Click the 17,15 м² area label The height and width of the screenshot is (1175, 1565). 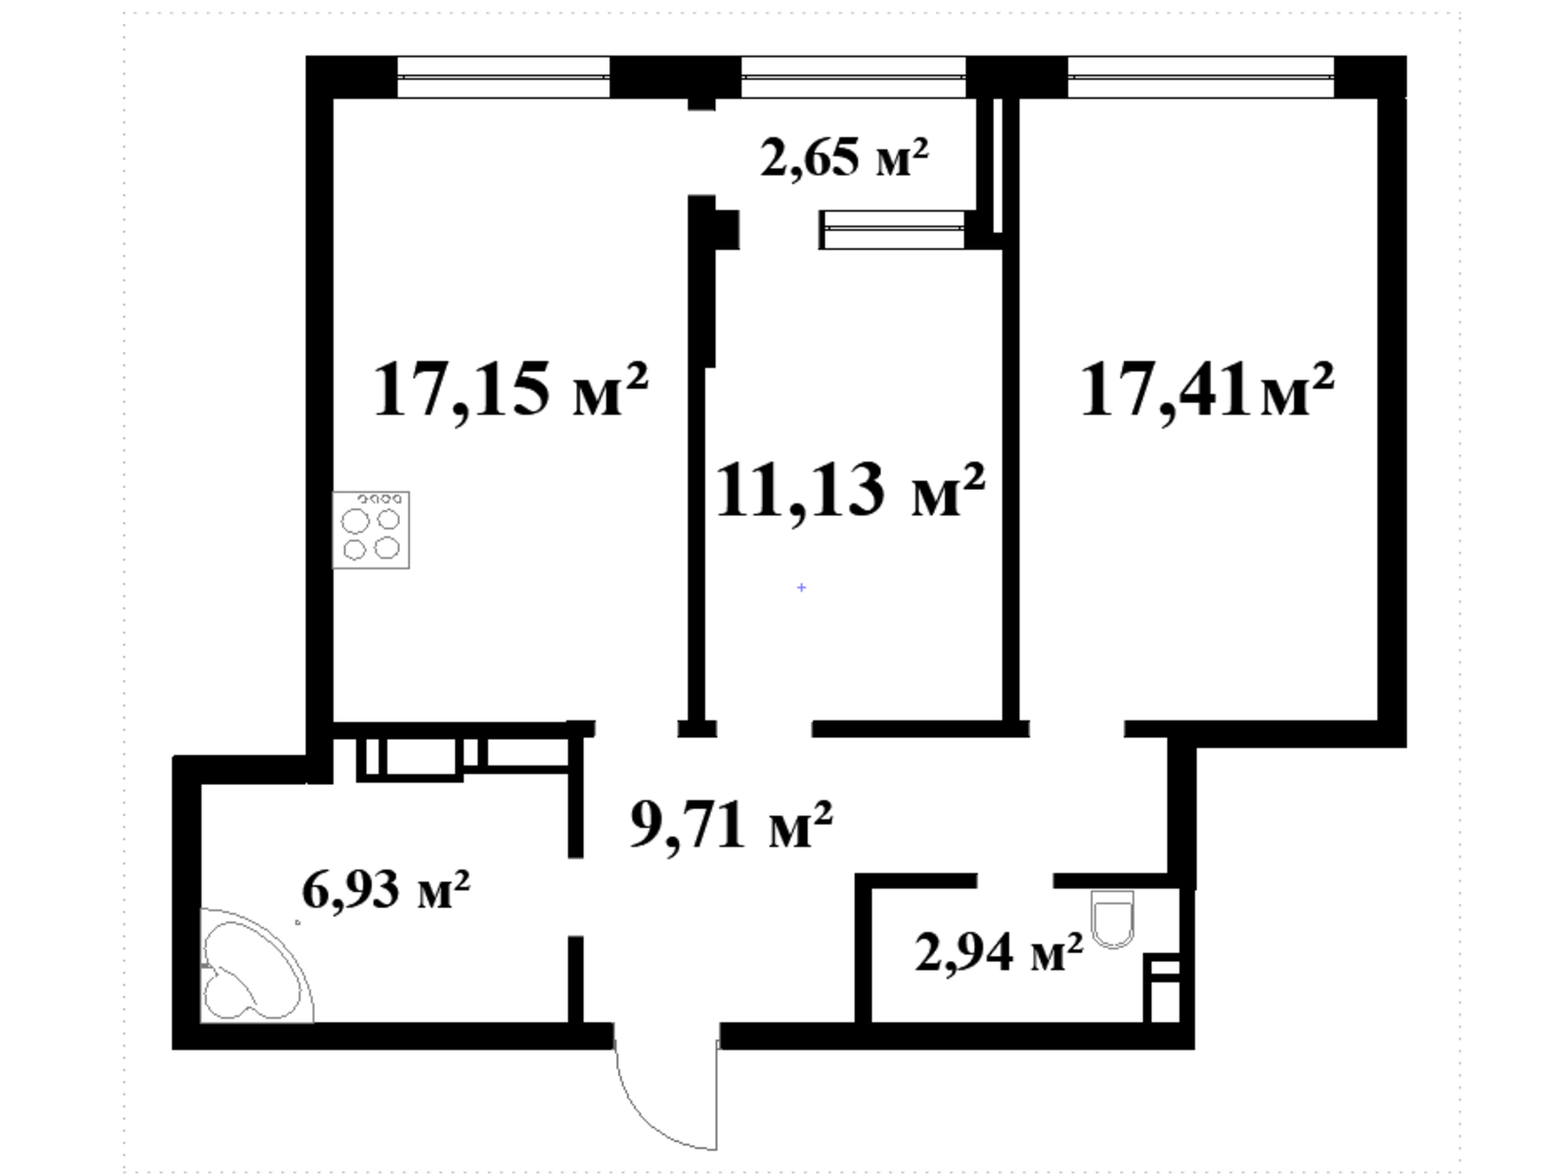point(511,389)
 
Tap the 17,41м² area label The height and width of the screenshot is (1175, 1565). point(1207,390)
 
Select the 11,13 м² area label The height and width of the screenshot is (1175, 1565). point(850,490)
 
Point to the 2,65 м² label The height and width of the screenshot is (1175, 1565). point(845,158)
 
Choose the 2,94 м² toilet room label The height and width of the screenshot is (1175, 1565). point(999,953)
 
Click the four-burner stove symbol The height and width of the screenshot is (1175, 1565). point(371,530)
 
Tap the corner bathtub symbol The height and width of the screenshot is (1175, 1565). point(256,966)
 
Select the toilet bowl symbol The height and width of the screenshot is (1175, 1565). point(1112,919)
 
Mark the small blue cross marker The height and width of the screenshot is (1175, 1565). point(801,587)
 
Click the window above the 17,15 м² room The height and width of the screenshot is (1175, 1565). point(504,77)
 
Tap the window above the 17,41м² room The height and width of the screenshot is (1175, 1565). point(1201,77)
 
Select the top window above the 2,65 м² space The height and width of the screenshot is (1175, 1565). point(854,77)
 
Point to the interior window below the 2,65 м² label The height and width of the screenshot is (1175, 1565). point(892,230)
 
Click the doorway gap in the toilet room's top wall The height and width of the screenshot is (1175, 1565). point(1015,881)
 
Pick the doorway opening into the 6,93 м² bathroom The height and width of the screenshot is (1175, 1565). point(575,897)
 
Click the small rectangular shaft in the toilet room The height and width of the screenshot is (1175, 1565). point(1161,988)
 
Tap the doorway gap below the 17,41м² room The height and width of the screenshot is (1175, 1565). point(1077,728)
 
